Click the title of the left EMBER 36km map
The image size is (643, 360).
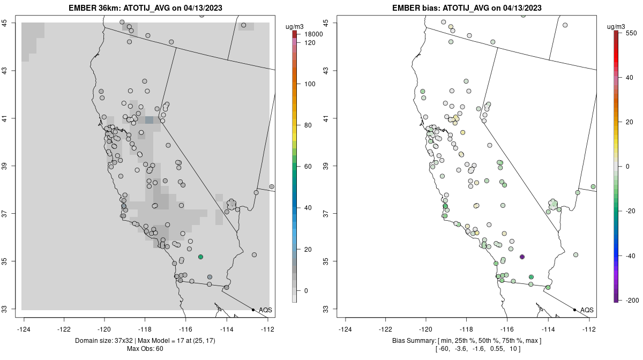pyautogui.click(x=146, y=8)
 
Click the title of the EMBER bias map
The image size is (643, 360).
pyautogui.click(x=467, y=8)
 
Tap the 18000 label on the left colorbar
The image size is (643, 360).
pyautogui.click(x=313, y=34)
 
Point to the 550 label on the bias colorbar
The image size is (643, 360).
pyautogui.click(x=631, y=33)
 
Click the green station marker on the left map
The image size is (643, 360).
pyautogui.click(x=200, y=257)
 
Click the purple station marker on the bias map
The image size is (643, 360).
pyautogui.click(x=522, y=257)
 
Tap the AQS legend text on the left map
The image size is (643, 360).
pyautogui.click(x=265, y=310)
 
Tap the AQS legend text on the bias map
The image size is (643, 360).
pyautogui.click(x=587, y=310)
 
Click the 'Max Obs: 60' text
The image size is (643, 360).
pyautogui.click(x=145, y=349)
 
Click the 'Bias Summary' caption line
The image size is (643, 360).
pyautogui.click(x=467, y=341)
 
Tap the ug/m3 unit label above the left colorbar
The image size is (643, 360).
pyautogui.click(x=295, y=26)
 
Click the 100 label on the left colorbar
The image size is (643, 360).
pyautogui.click(x=310, y=84)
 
